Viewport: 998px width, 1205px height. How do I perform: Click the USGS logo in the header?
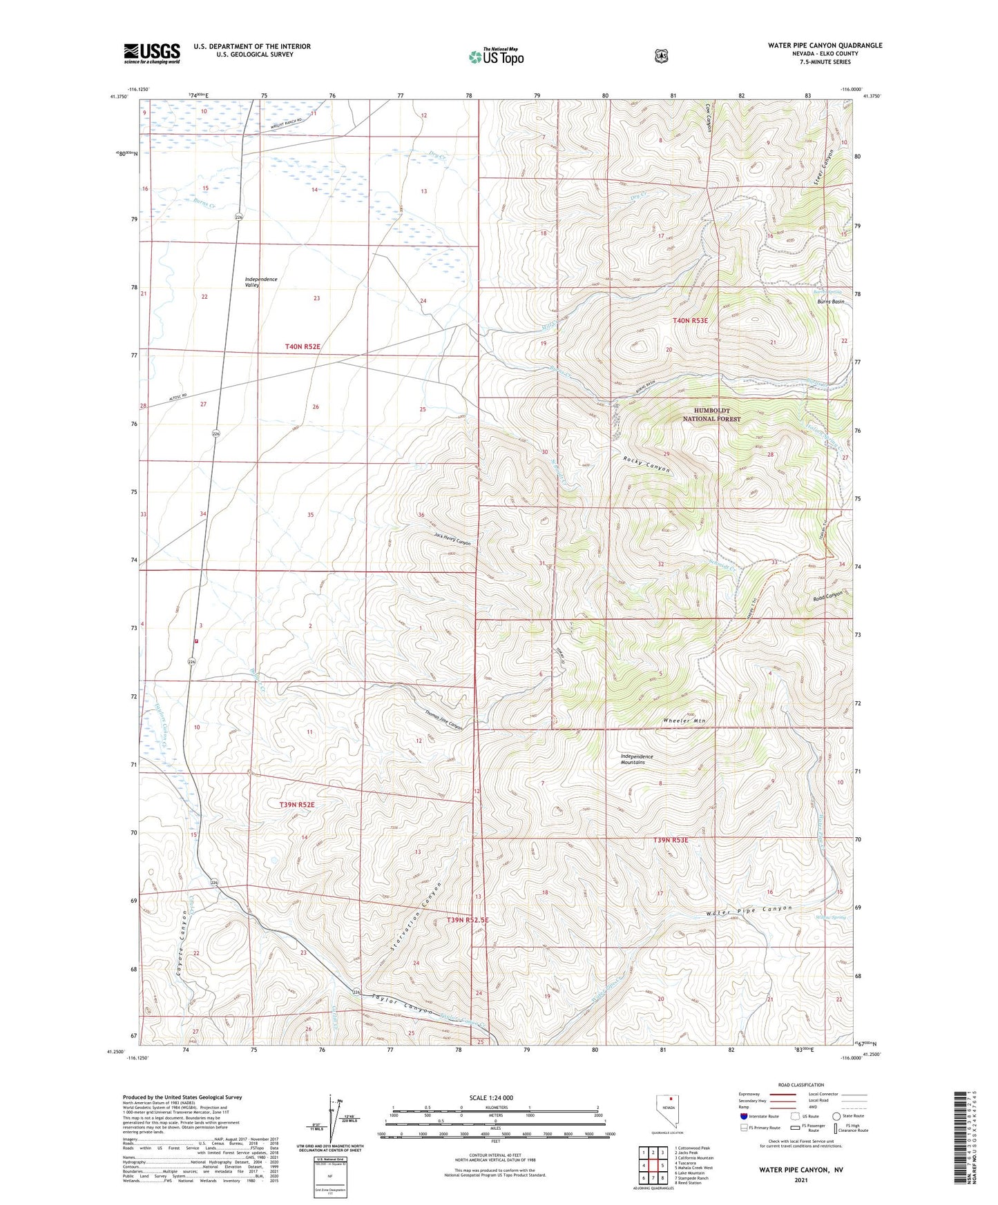[x=152, y=53]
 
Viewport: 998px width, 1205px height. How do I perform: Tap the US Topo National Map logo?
[x=496, y=57]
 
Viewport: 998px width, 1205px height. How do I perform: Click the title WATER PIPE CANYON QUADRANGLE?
[x=825, y=46]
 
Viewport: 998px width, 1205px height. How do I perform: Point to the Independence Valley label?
[x=261, y=282]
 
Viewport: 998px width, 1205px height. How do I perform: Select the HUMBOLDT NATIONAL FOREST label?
[x=711, y=415]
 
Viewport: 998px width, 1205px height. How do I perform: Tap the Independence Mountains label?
[x=636, y=759]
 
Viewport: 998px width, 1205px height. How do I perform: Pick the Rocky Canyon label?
[x=646, y=464]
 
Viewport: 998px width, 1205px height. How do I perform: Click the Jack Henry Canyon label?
[x=452, y=538]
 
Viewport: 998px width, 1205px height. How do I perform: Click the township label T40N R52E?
[x=303, y=346]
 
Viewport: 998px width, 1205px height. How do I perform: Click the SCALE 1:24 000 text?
[x=491, y=1097]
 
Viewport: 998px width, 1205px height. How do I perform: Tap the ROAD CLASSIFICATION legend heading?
[x=800, y=1085]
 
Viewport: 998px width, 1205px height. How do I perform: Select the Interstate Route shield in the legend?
[x=744, y=1116]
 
